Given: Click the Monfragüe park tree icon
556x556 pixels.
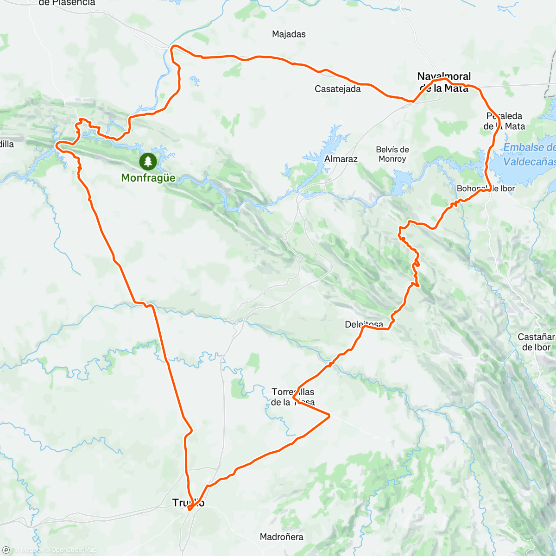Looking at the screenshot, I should point(148,162).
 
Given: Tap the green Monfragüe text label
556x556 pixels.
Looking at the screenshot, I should point(148,178).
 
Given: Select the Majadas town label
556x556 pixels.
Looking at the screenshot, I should point(289,34).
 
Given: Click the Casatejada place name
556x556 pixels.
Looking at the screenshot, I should point(337,89).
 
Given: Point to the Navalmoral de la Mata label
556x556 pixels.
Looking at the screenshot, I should point(444,82).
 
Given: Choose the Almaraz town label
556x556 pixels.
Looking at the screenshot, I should point(341,159).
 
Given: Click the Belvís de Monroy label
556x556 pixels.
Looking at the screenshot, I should point(392,154).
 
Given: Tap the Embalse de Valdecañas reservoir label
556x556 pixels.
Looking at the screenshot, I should point(529,155).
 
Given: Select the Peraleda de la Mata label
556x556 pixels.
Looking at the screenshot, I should point(504,121).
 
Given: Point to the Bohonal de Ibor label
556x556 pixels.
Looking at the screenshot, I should point(486,189).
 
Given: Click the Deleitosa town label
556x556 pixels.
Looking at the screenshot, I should point(364,324).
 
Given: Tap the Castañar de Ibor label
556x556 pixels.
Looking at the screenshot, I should point(536,342).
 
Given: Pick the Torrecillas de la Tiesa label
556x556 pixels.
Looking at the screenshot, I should point(293,397).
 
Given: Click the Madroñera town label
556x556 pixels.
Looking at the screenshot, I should point(281,537).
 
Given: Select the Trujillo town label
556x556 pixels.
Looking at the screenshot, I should point(188,503).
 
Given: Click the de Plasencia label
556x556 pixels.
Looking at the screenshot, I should point(67,3).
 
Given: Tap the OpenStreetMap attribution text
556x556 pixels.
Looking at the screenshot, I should point(74,550).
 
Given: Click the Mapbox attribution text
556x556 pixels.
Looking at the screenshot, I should point(32,550).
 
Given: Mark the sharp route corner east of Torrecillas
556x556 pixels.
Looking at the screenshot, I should point(329,416).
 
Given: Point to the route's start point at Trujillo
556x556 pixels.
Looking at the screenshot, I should point(189,509).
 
